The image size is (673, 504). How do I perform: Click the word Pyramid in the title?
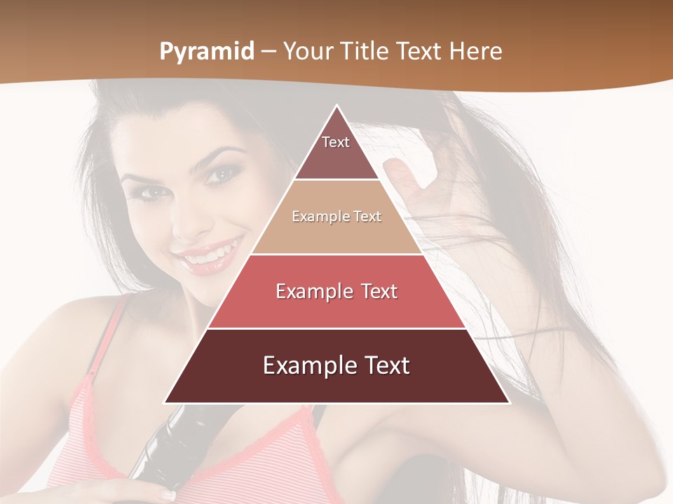point(206,52)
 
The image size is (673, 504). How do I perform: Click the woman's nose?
point(188,220)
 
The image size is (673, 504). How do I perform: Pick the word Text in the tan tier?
point(367,217)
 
